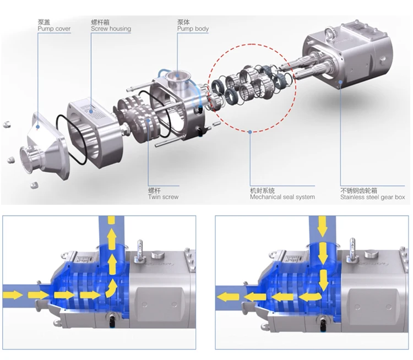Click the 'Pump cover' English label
pyautogui.click(x=55, y=29)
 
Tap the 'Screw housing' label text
pyautogui.click(x=111, y=29)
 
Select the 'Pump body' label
pyautogui.click(x=193, y=29)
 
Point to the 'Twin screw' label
pyautogui.click(x=164, y=197)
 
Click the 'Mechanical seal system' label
pyautogui.click(x=282, y=197)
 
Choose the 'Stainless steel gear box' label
pyautogui.click(x=372, y=197)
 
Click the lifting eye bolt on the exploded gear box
pyautogui.click(x=330, y=34)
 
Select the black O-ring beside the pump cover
pyautogui.click(x=71, y=139)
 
